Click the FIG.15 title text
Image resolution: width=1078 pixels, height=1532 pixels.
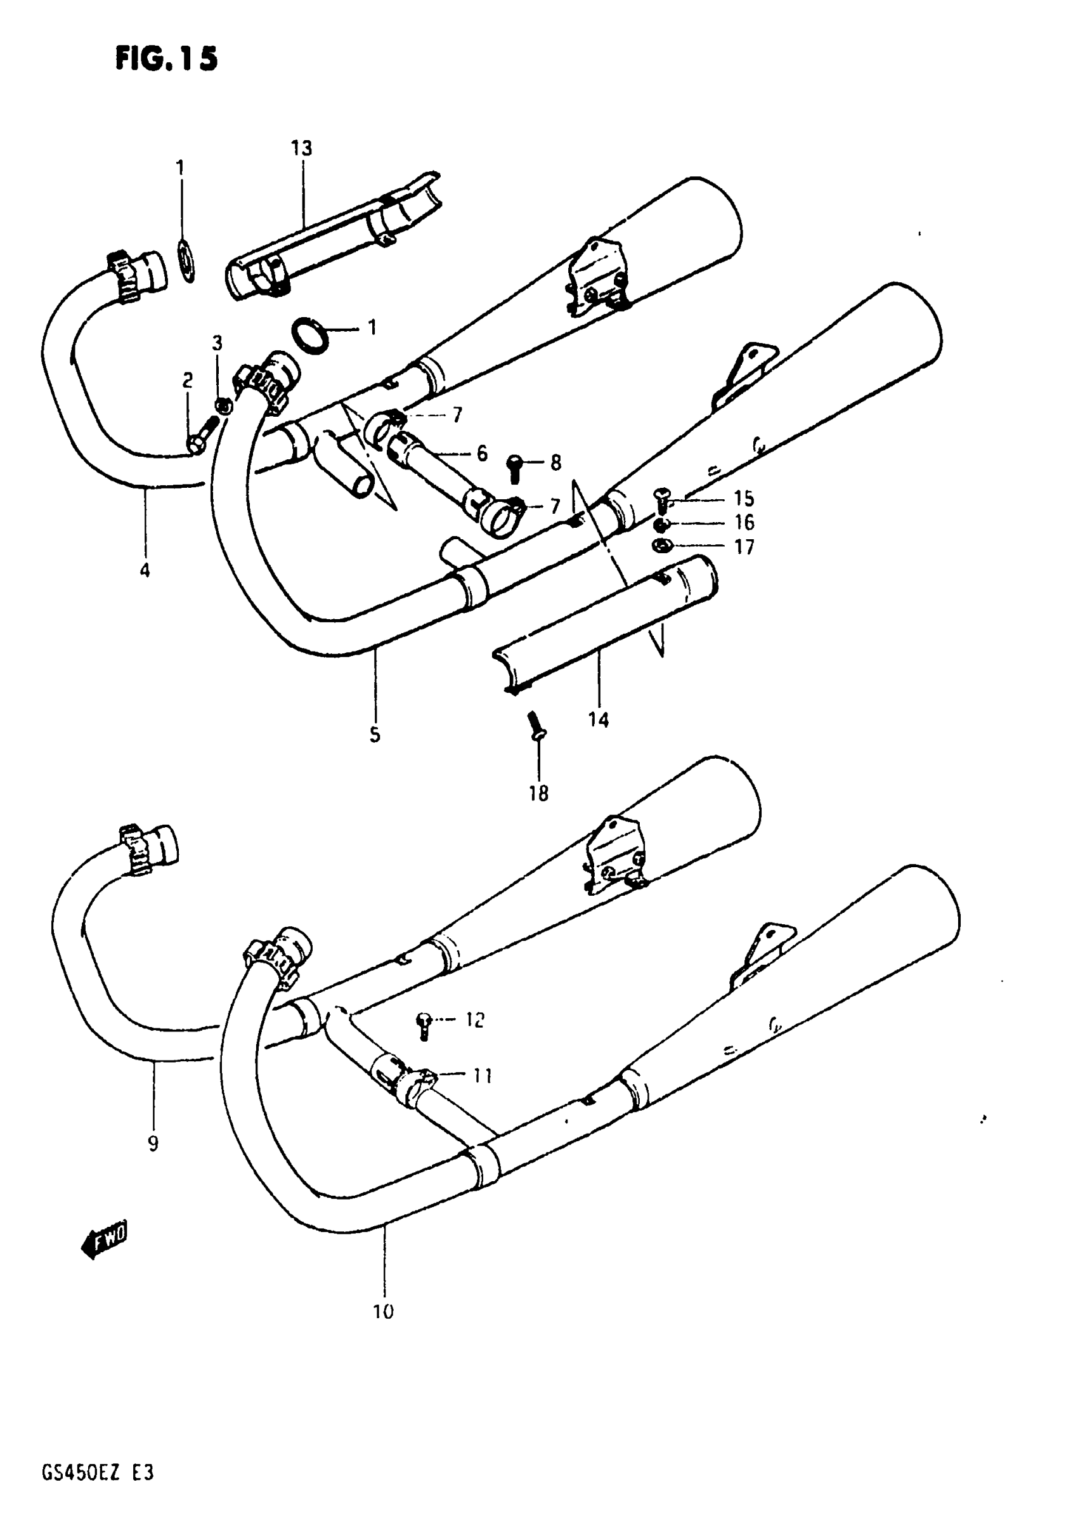click(166, 60)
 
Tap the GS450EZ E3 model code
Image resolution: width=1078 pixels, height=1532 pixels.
click(98, 1472)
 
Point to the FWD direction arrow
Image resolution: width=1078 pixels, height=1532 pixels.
click(105, 1240)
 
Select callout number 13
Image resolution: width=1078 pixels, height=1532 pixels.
click(301, 148)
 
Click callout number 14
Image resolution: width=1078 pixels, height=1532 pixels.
click(599, 720)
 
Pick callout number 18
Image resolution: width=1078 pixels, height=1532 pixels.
click(538, 794)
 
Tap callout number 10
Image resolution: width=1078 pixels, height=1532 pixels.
click(384, 1312)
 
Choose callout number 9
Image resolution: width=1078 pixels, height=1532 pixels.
click(153, 1144)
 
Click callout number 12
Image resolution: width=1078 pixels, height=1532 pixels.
click(474, 1020)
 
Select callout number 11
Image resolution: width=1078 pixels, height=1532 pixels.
click(483, 1076)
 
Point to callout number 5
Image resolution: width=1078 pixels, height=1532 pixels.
click(375, 735)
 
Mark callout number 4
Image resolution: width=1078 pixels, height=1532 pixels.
click(145, 570)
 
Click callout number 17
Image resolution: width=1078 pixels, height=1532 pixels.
click(744, 547)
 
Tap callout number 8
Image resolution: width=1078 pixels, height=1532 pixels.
click(555, 462)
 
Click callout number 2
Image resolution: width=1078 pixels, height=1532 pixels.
click(188, 381)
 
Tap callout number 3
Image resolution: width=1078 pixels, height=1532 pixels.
click(218, 344)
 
